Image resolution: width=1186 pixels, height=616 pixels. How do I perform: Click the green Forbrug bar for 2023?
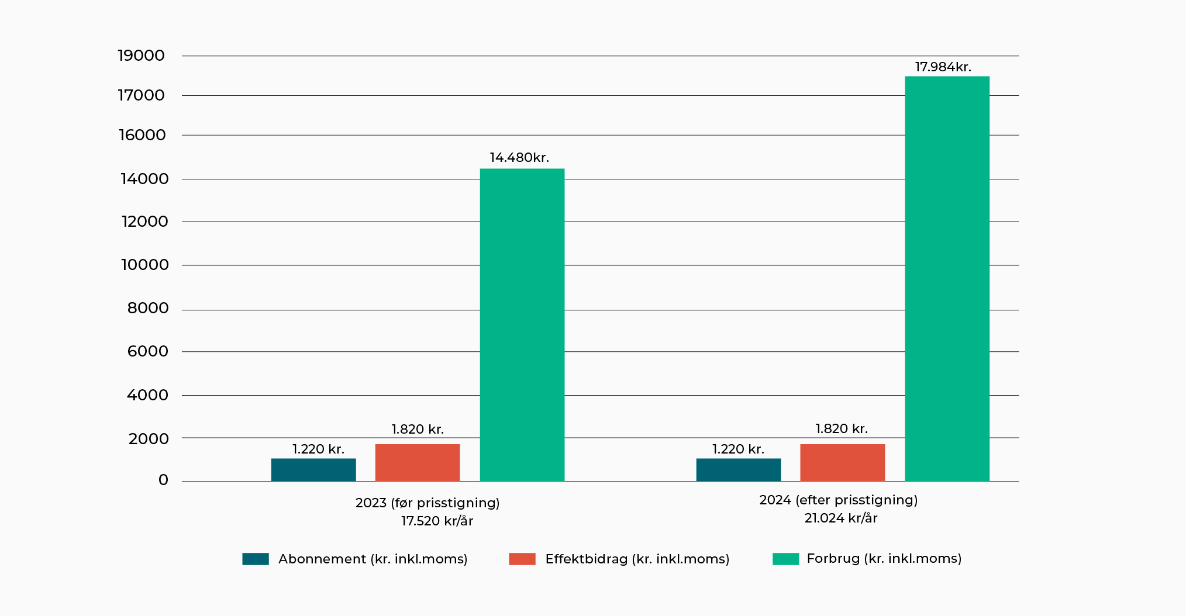click(522, 325)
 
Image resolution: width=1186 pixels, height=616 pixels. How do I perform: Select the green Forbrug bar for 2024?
click(947, 279)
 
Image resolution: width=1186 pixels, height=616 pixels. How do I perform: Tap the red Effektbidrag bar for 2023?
click(417, 462)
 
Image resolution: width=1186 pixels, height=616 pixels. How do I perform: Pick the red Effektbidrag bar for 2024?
click(842, 462)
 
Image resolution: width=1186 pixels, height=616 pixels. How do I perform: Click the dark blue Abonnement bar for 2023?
click(313, 470)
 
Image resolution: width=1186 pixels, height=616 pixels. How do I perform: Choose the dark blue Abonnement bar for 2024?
click(738, 470)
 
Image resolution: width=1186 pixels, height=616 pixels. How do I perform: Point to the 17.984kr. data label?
click(943, 67)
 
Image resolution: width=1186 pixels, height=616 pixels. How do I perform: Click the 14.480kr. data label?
click(519, 158)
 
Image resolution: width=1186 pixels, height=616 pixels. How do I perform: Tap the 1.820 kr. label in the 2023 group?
click(418, 430)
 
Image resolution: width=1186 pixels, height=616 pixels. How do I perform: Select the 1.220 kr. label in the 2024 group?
click(738, 449)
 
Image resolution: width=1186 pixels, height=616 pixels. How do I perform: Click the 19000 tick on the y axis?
click(141, 56)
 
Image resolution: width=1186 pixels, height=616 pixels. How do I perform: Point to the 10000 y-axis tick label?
click(144, 265)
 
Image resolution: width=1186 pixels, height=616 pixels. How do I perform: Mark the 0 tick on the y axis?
click(163, 480)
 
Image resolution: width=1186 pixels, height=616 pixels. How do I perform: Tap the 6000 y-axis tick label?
click(147, 352)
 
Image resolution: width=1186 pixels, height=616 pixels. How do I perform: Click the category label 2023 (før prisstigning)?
click(427, 503)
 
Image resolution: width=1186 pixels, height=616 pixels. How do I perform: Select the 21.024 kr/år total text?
click(840, 518)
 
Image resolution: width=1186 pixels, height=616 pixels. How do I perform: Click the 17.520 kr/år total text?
click(437, 521)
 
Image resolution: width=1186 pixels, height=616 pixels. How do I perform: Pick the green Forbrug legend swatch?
click(785, 559)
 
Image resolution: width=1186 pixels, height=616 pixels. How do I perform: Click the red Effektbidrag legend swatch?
click(522, 559)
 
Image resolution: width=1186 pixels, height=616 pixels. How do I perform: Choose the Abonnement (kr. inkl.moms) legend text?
click(373, 559)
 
